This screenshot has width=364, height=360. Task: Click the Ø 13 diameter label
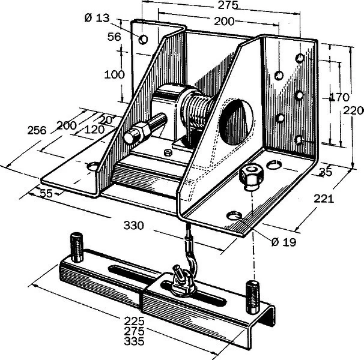97,17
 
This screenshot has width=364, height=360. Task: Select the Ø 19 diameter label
284,242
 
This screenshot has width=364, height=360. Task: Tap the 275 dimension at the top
228,5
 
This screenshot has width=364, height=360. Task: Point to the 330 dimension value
134,225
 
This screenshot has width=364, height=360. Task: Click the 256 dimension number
37,130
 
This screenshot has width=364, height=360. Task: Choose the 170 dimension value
339,97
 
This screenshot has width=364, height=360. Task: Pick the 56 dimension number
114,37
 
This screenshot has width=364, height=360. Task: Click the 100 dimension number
115,74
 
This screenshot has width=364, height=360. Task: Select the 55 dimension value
46,193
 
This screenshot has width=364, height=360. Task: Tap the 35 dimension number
326,172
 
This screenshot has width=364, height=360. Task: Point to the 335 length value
134,341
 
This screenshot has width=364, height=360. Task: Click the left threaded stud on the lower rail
77,247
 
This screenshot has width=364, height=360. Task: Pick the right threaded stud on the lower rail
252,297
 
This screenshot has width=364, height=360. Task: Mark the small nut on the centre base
168,152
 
